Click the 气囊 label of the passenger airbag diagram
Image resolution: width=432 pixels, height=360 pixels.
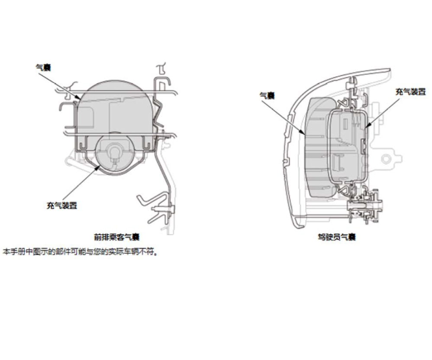[x=43, y=67]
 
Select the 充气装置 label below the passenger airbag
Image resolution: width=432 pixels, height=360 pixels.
[x=62, y=205]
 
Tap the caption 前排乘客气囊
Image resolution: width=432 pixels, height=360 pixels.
[x=117, y=237]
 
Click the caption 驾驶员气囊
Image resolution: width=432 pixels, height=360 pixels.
[x=337, y=237]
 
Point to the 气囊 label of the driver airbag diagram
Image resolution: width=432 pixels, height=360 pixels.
[x=267, y=96]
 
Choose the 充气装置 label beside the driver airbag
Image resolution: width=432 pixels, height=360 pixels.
[x=410, y=92]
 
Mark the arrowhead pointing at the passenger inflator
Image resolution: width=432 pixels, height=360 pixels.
[x=97, y=167]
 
